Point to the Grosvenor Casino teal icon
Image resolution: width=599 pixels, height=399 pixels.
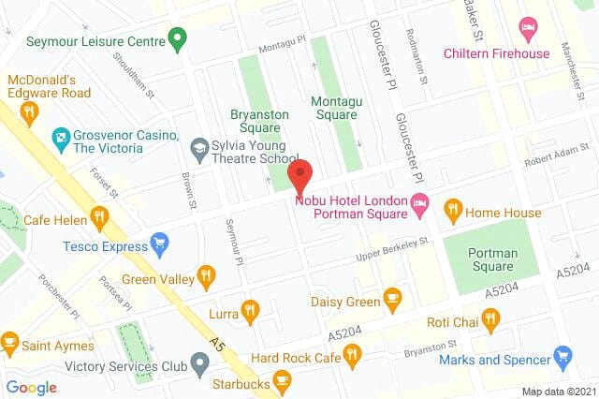[x=62, y=140]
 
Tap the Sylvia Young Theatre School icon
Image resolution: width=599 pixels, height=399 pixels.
[x=198, y=147]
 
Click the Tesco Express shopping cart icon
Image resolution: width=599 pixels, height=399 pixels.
[x=159, y=245]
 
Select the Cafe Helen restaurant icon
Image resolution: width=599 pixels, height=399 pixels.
[x=100, y=218]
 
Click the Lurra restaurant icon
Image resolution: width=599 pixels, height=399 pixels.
[x=249, y=311]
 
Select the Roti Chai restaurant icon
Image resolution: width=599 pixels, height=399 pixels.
[x=490, y=319]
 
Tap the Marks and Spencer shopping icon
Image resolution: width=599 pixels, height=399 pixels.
[x=562, y=357]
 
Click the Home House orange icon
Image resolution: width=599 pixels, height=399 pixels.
[x=454, y=211]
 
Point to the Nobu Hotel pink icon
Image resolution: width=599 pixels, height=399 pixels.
[x=420, y=201]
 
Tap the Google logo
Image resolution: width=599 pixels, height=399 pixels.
[x=31, y=387]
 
